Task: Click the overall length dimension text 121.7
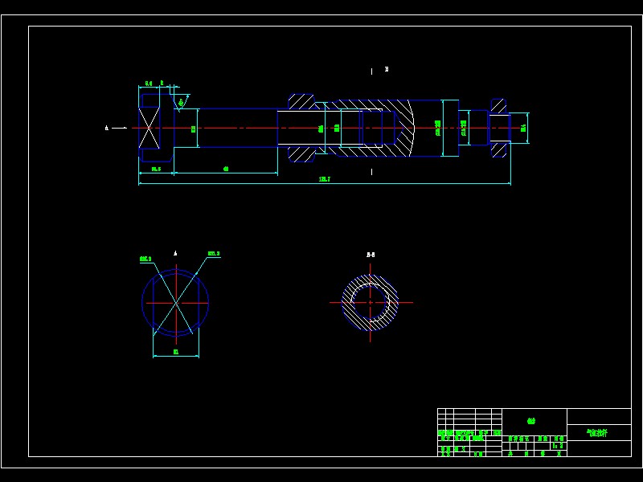[325, 179]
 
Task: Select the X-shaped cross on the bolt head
[149, 128]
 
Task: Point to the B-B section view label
[371, 255]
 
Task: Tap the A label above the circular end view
[175, 253]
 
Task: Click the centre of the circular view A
[175, 302]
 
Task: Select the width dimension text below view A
[176, 352]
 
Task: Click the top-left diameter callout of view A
[145, 259]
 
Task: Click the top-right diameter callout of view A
[214, 254]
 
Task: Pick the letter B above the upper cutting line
[387, 69]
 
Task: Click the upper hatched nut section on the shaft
[301, 102]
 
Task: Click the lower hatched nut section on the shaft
[301, 153]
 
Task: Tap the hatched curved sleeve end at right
[402, 128]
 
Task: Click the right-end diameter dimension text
[523, 128]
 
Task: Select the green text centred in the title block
[531, 420]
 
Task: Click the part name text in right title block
[598, 432]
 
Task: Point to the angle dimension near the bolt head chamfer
[182, 101]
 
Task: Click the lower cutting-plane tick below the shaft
[371, 171]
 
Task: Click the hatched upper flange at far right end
[498, 106]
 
